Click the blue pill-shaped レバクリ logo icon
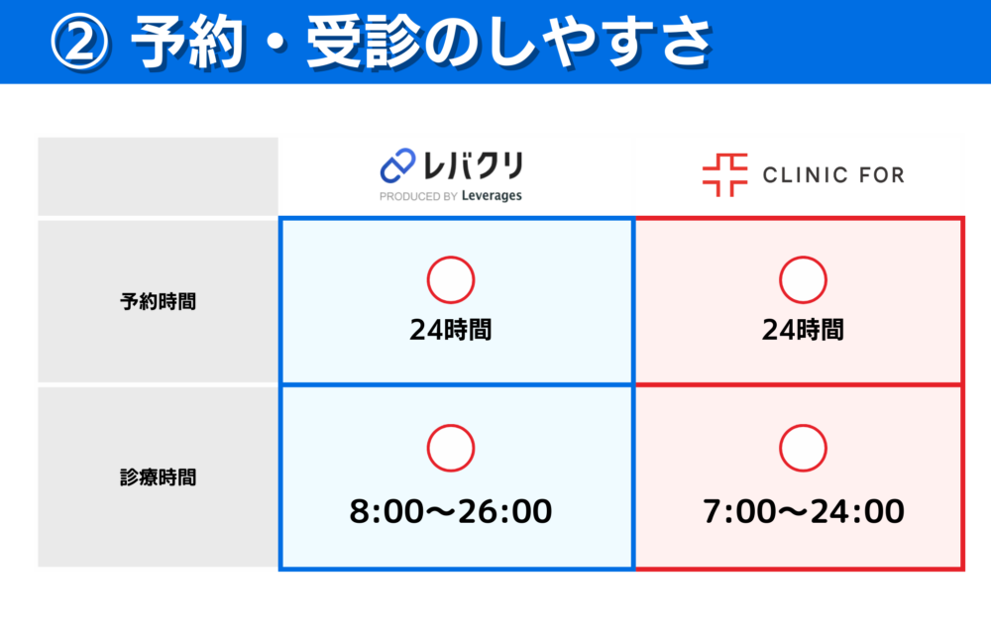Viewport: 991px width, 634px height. point(396,165)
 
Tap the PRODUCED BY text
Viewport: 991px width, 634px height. point(417,196)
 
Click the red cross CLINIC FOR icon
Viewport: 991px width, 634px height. point(724,175)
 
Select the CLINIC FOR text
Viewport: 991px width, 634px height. point(832,176)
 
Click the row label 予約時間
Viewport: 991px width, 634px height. point(158,302)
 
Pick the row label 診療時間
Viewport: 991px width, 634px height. point(158,476)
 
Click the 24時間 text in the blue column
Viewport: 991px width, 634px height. point(450,330)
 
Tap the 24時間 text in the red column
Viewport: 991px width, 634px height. point(803,330)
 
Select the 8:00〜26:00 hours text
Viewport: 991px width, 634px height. point(451,512)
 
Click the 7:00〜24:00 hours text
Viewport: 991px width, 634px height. point(803,512)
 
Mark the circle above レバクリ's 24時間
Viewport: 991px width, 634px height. point(451,279)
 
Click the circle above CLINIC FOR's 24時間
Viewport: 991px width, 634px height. point(803,279)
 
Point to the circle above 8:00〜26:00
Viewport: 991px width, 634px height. point(451,448)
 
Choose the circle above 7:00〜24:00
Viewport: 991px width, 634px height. point(803,448)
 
